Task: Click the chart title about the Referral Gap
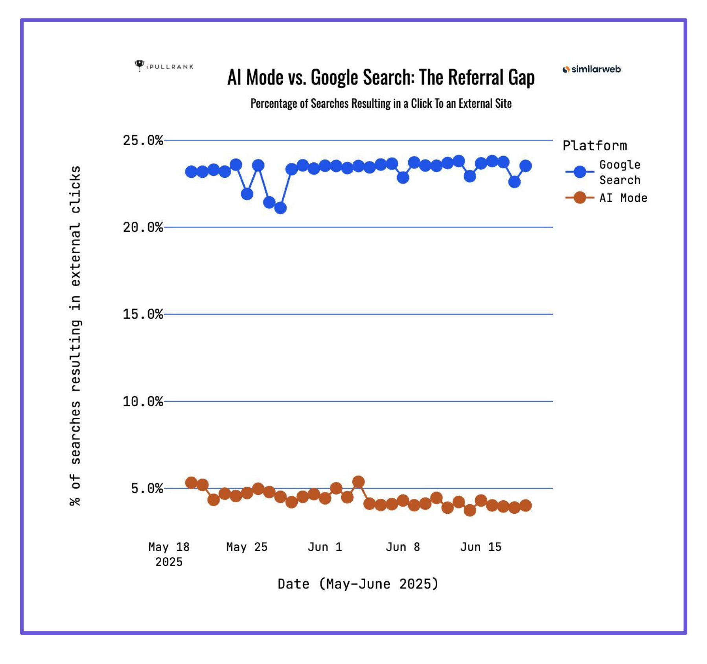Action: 381,77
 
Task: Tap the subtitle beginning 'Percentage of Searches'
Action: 381,103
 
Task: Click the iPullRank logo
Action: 164,66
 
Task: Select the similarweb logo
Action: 591,69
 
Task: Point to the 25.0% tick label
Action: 143,140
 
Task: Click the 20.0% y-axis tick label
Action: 143,227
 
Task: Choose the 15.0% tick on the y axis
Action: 143,314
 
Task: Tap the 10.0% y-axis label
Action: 143,402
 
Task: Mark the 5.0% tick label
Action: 147,489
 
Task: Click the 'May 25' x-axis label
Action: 247,547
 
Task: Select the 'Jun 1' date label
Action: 325,547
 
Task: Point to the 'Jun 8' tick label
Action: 403,547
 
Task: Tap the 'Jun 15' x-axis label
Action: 481,547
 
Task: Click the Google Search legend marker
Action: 580,172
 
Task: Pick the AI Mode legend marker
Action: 580,198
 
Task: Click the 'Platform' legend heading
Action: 595,146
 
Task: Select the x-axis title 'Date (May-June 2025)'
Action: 358,584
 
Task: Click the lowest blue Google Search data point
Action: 280,208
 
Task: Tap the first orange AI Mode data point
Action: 191,483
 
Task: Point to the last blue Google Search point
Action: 526,166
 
